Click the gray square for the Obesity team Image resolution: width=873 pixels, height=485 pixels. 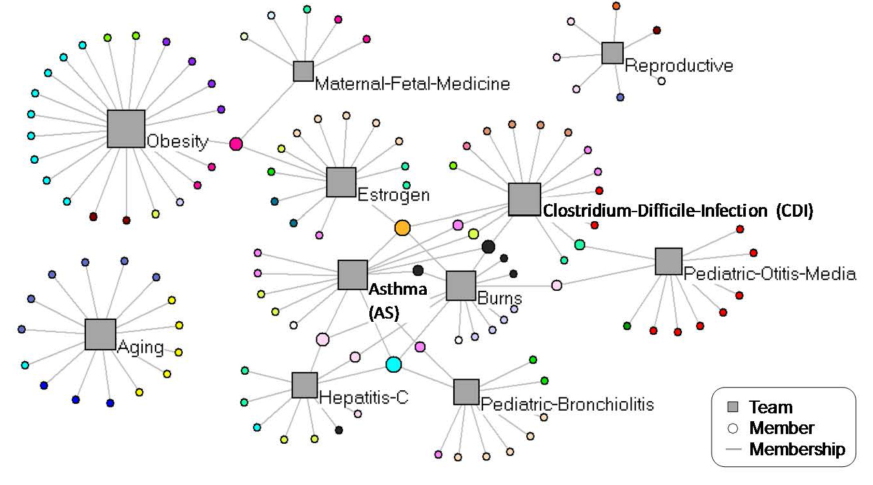click(x=126, y=129)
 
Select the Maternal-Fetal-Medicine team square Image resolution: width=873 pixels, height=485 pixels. click(x=303, y=71)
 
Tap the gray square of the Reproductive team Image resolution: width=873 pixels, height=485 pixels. click(x=612, y=53)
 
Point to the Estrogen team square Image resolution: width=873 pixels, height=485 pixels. click(x=341, y=182)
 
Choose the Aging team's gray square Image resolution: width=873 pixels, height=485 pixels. click(x=100, y=334)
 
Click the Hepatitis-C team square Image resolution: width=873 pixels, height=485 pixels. click(x=305, y=385)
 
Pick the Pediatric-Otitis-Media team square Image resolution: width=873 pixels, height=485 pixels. click(x=668, y=261)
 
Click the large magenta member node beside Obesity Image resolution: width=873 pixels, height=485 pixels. click(x=236, y=144)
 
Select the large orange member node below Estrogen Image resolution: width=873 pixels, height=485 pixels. click(x=402, y=227)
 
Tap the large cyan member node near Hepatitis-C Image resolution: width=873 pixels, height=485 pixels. click(x=393, y=364)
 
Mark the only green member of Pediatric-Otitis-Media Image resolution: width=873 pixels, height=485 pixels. click(x=627, y=326)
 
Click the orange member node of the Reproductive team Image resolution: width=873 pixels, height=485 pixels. click(x=616, y=6)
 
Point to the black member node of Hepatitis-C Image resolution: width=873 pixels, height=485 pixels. click(x=339, y=430)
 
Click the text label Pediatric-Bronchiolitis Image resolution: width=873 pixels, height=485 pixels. click(x=568, y=404)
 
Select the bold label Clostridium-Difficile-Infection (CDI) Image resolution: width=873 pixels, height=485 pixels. click(x=677, y=210)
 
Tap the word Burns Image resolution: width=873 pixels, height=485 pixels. click(x=500, y=299)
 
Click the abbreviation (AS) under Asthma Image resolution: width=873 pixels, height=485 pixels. click(x=384, y=313)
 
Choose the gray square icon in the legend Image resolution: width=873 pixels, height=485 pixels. click(x=732, y=407)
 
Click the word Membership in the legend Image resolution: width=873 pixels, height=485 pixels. click(x=797, y=449)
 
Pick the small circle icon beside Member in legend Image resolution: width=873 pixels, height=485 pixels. click(x=732, y=428)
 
